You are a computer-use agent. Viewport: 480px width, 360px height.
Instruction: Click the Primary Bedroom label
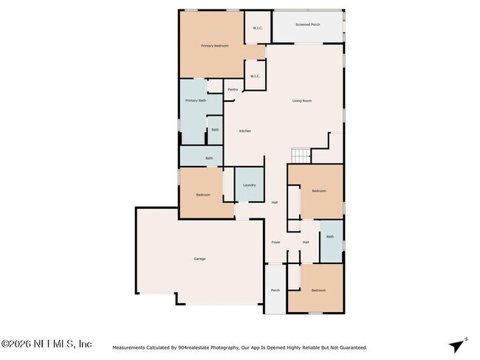(215, 46)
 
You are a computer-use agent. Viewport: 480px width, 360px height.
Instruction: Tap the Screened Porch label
(307, 25)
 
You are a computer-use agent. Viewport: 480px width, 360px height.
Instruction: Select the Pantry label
(233, 90)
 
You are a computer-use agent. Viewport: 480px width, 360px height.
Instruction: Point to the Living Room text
(301, 100)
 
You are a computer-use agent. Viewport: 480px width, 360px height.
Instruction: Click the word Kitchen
(244, 131)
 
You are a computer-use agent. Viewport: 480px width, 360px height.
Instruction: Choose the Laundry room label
(249, 185)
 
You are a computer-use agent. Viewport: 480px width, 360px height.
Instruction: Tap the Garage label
(199, 259)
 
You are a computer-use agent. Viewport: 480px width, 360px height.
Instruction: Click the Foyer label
(275, 242)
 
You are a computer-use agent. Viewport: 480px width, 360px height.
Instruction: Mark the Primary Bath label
(196, 100)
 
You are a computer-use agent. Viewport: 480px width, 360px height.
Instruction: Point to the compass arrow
(458, 345)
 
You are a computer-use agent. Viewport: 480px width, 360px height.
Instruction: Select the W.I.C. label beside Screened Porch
(258, 28)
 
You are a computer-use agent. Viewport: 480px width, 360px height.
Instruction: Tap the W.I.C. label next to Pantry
(255, 76)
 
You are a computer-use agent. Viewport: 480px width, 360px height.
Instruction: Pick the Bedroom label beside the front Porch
(318, 291)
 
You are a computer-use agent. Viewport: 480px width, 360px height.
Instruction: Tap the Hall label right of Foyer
(306, 242)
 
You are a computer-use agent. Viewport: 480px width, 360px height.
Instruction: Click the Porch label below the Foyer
(275, 291)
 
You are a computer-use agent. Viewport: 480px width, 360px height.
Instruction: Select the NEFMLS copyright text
(47, 344)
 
